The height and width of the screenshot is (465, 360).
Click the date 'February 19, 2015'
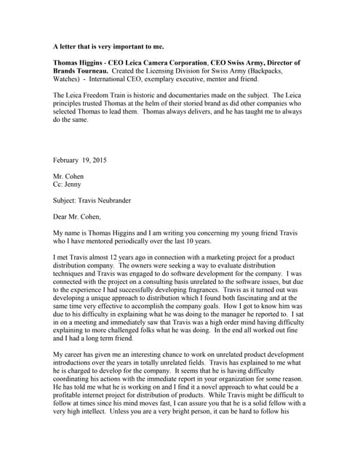point(80,159)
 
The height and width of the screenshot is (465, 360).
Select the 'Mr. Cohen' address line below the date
point(68,177)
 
